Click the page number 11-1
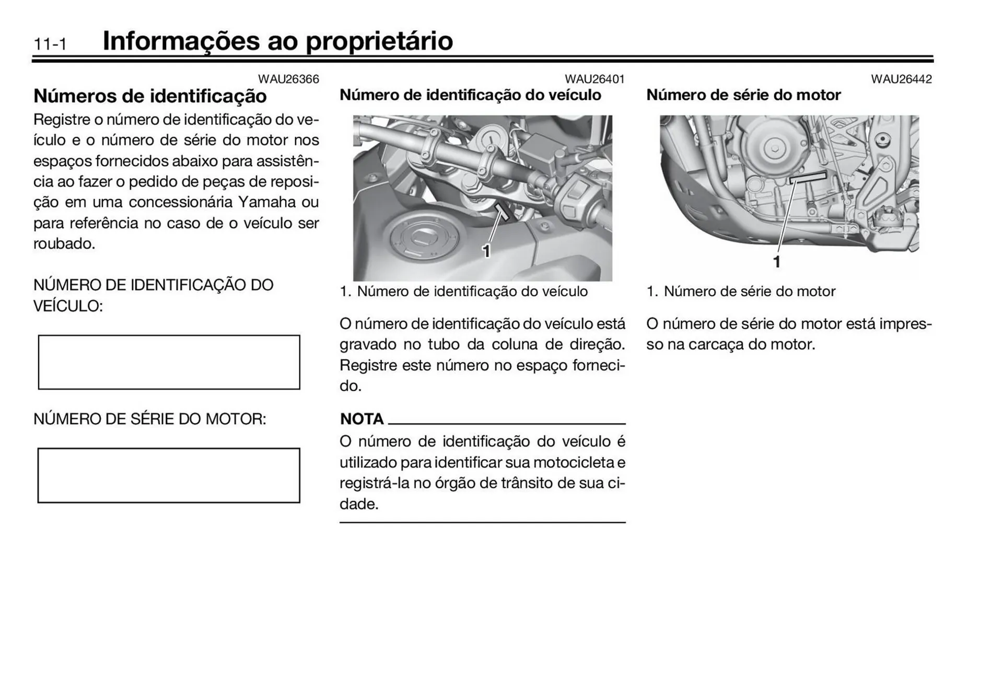click(50, 44)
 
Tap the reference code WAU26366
click(288, 79)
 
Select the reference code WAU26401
click(594, 79)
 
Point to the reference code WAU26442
click(901, 79)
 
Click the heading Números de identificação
click(150, 96)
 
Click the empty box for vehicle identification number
click(169, 362)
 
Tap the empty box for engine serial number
click(169, 475)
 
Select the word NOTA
click(361, 419)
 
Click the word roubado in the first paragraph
click(63, 244)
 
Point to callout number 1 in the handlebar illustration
click(486, 251)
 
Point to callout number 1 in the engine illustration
click(777, 262)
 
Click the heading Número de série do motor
click(743, 95)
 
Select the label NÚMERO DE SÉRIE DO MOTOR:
click(150, 419)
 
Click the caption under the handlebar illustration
click(464, 291)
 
